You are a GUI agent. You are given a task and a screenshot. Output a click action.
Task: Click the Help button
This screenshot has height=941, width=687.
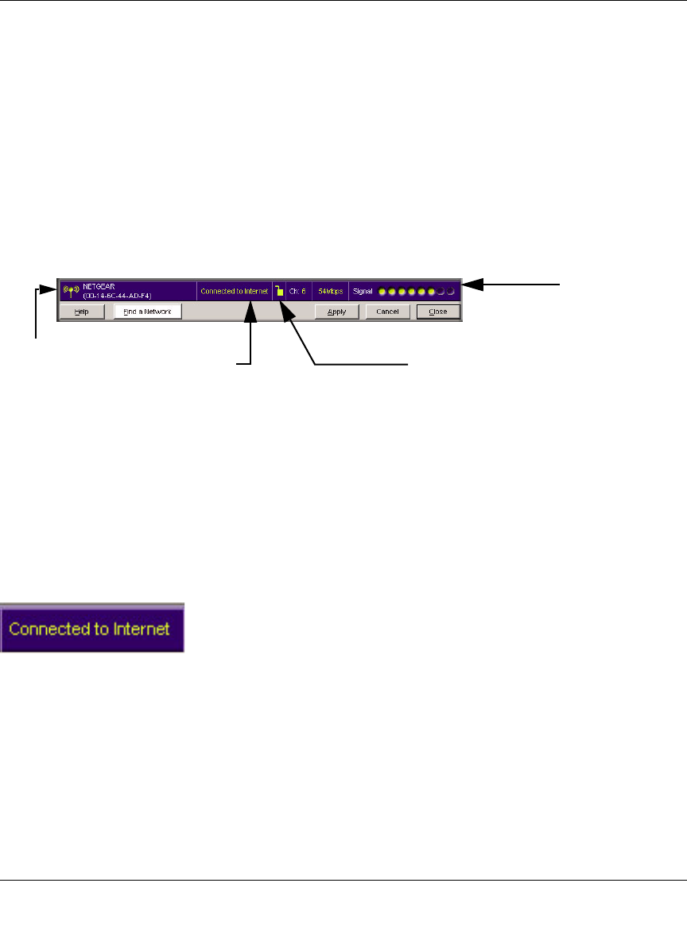pos(81,312)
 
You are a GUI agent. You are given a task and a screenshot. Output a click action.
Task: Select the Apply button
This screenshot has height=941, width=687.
pos(336,312)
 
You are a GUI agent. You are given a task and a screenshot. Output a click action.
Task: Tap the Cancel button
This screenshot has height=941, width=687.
pos(387,312)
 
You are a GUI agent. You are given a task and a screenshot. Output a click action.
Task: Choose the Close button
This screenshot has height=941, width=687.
pos(438,312)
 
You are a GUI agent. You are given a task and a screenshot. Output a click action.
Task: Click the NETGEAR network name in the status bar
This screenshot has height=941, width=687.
pos(99,287)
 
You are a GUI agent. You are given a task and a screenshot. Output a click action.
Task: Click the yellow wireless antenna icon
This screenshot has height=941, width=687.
pos(71,291)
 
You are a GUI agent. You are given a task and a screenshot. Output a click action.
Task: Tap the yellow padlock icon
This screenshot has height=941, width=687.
pos(279,291)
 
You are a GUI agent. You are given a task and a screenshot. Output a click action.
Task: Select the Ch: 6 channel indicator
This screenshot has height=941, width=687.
pos(297,292)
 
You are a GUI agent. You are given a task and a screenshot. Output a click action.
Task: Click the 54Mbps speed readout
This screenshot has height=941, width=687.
pos(330,292)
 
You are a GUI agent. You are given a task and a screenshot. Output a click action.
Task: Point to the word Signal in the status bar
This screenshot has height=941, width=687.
pos(363,292)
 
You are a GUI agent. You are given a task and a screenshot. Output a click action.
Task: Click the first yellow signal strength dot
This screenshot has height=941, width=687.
pos(382,292)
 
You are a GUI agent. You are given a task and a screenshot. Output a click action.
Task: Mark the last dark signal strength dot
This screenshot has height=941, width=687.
pos(450,292)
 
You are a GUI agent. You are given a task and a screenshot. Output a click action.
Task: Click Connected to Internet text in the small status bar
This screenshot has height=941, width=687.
pos(235,292)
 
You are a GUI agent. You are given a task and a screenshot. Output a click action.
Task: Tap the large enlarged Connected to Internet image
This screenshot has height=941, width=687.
pos(92,628)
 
